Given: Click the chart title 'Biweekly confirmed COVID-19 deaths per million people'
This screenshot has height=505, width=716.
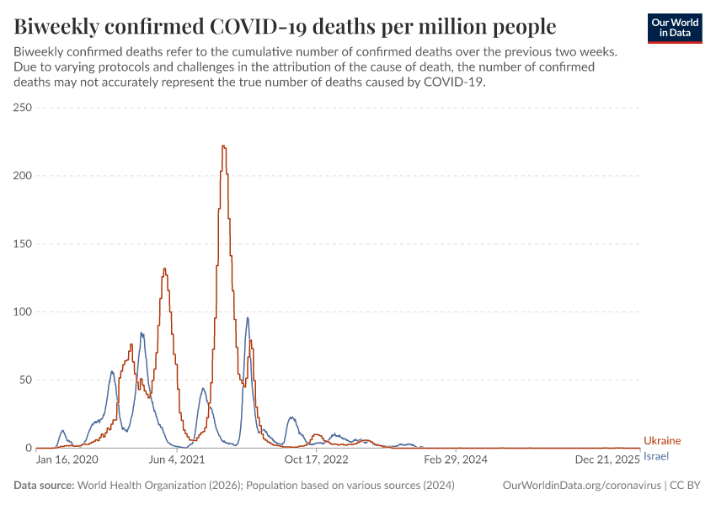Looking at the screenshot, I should click(285, 26).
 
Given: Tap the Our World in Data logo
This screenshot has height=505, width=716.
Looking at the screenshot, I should click(675, 27).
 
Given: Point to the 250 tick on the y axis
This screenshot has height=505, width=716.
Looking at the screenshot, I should click(22, 108).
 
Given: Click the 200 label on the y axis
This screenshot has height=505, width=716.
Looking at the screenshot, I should click(22, 176).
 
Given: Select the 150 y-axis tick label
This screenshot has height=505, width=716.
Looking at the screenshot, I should click(22, 244).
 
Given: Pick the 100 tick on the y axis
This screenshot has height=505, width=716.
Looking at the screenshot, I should click(22, 312).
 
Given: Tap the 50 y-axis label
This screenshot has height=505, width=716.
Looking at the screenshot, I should click(25, 380).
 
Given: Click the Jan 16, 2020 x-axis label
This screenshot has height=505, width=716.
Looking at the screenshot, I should click(67, 460).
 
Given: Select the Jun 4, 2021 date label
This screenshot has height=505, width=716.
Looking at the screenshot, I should click(175, 460).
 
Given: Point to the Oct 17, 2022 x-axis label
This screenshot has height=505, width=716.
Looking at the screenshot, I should click(316, 460).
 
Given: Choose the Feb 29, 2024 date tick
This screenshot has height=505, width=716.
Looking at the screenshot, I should click(456, 460).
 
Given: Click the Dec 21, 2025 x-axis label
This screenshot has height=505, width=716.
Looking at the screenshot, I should click(607, 460).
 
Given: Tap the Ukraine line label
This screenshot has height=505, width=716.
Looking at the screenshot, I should click(662, 441).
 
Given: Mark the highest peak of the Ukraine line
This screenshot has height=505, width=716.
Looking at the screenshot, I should click(223, 146).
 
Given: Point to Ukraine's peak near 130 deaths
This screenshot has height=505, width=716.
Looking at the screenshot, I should click(164, 269).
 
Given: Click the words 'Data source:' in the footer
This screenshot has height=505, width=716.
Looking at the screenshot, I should click(44, 486).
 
